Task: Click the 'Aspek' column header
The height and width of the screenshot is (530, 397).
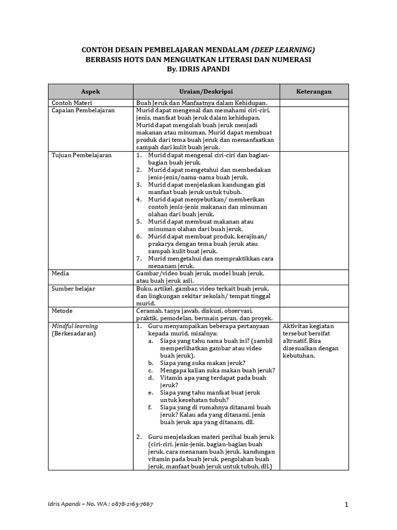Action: click(90, 92)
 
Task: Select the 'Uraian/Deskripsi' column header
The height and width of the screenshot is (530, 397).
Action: click(206, 92)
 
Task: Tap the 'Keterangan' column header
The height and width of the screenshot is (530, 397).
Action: click(314, 92)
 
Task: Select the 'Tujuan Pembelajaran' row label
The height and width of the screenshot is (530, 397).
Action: click(81, 155)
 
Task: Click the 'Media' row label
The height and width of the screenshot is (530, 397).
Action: click(60, 273)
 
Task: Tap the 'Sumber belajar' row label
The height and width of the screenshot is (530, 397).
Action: click(73, 288)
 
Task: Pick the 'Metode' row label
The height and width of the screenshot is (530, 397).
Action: click(62, 311)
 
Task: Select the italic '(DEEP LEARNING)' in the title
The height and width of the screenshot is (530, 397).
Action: click(283, 50)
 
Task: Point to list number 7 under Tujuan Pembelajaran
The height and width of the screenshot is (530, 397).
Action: click(139, 258)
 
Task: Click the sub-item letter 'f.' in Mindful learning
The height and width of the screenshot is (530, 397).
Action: click(150, 407)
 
